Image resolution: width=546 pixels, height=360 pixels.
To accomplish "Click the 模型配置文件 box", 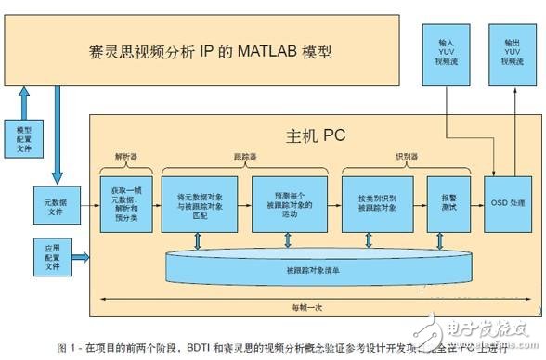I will tap(23, 136).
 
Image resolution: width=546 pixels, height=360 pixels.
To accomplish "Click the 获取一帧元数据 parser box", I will tap(123, 198).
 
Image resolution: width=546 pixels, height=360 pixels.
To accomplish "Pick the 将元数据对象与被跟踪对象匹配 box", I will tap(198, 198).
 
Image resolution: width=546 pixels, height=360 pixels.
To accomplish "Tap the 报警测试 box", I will tap(439, 198).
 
